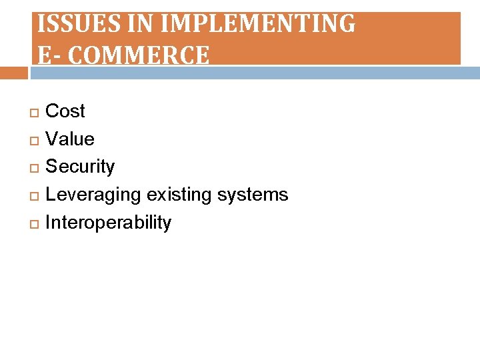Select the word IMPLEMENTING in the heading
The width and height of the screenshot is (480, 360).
click(x=259, y=24)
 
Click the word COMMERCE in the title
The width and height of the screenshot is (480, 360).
click(x=139, y=55)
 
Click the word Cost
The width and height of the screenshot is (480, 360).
click(x=65, y=111)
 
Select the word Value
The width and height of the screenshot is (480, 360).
click(x=69, y=139)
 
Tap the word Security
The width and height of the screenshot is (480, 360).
click(x=79, y=167)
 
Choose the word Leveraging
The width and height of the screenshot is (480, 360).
click(x=93, y=195)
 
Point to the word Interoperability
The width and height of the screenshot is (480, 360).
click(x=108, y=223)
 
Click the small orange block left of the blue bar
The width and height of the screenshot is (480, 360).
click(x=13, y=73)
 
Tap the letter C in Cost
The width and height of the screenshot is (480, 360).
click(x=51, y=111)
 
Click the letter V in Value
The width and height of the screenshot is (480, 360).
click(x=51, y=139)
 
